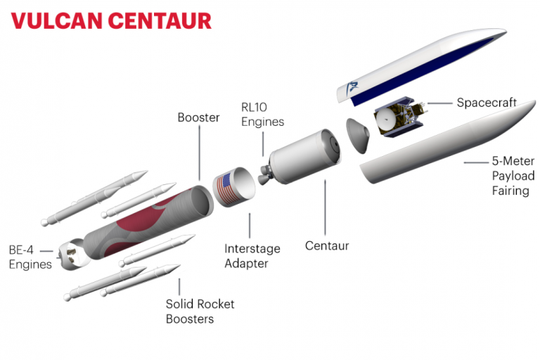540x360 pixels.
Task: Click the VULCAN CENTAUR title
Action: point(111,20)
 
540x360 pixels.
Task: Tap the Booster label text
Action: point(198,117)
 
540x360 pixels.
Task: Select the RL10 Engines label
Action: point(262,115)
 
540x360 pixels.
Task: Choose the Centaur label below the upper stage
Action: point(327,246)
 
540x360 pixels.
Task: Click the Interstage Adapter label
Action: point(252,257)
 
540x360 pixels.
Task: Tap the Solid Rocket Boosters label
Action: point(200,311)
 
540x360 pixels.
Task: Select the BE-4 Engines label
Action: point(30,257)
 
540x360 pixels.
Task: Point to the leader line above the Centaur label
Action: point(326,208)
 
